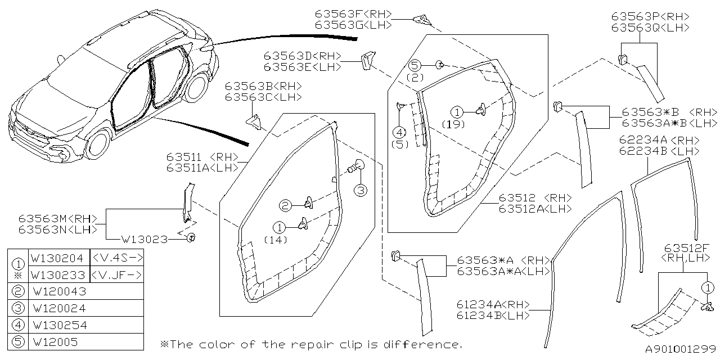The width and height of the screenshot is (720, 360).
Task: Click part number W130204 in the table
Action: pyautogui.click(x=58, y=259)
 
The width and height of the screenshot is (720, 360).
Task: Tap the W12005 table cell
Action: pyautogui.click(x=55, y=341)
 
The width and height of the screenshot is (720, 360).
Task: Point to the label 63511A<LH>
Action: pyautogui.click(x=202, y=168)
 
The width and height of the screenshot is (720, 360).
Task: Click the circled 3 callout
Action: pyautogui.click(x=360, y=190)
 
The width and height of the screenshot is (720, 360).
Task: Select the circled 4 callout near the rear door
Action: pyautogui.click(x=399, y=133)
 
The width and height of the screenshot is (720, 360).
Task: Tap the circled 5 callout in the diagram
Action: pyautogui.click(x=415, y=66)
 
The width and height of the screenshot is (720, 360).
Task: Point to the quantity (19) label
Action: pyautogui.click(x=453, y=124)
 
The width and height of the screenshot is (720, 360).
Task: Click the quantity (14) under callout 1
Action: pyautogui.click(x=276, y=240)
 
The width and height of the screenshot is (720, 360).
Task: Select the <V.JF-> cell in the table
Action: pyautogui.click(x=116, y=275)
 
